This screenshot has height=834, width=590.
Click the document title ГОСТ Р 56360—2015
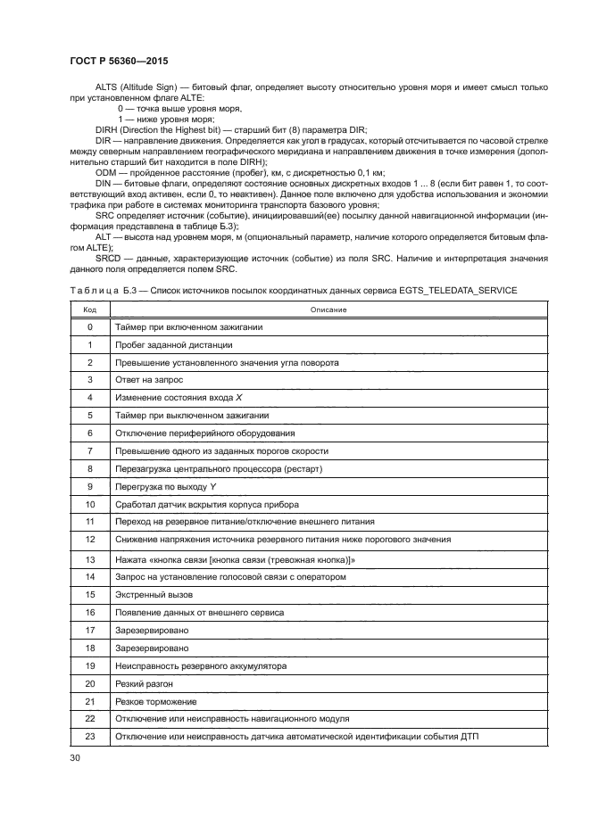pyautogui.click(x=119, y=61)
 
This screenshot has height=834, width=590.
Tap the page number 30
pyautogui.click(x=75, y=757)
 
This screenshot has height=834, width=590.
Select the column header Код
pyautogui.click(x=90, y=310)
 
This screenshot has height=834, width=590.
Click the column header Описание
pyautogui.click(x=328, y=310)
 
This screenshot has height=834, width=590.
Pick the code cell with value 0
pyautogui.click(x=90, y=327)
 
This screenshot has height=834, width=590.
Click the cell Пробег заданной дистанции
pyautogui.click(x=162, y=344)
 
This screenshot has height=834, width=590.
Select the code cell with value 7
pyautogui.click(x=90, y=450)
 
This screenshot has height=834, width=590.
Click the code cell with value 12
pyautogui.click(x=90, y=540)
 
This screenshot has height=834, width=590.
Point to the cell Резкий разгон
pyautogui.click(x=144, y=683)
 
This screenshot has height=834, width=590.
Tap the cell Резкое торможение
pyautogui.click(x=155, y=701)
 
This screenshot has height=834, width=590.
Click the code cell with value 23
pyautogui.click(x=90, y=736)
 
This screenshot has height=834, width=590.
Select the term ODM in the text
pyautogui.click(x=108, y=171)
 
